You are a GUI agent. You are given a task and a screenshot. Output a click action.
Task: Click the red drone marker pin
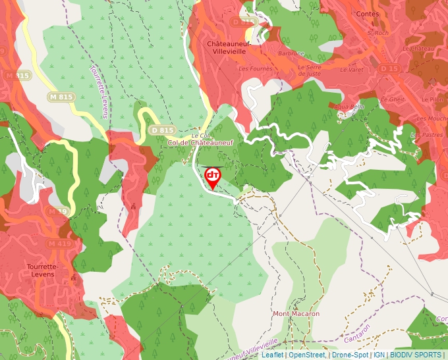tap(213, 176)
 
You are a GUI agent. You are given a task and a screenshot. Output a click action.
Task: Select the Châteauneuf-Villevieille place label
tap(227, 48)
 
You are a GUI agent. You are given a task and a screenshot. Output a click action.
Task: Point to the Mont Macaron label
tap(296, 314)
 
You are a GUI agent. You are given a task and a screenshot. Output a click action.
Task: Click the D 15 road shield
tap(389, 68)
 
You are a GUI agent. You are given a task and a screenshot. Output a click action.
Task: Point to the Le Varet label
tap(352, 69)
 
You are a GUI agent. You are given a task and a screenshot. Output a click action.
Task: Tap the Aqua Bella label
tap(349, 107)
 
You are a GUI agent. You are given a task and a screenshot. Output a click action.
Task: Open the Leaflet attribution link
tap(272, 355)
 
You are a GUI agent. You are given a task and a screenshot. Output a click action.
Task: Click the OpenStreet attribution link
tap(307, 355)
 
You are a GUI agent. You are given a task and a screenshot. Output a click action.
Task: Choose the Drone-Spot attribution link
tap(350, 355)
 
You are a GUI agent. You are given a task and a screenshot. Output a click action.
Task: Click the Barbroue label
tap(291, 53)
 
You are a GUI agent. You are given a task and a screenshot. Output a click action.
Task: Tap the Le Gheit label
tap(397, 99)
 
